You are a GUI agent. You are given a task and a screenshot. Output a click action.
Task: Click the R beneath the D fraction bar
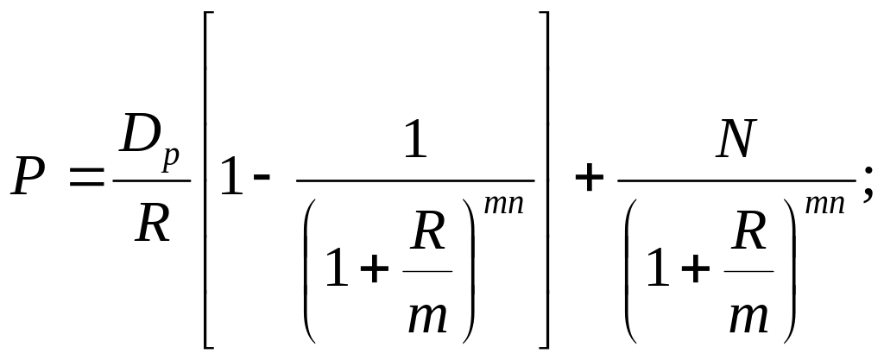pos(153,224)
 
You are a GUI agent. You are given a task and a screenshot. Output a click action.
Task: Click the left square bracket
pos(209,180)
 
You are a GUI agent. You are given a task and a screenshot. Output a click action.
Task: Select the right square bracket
pos(543,180)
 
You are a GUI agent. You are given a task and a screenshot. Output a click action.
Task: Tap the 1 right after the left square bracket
pos(231,178)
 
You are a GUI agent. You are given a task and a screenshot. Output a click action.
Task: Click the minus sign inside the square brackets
pos(262,178)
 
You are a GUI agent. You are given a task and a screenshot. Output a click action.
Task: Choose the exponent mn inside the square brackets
pos(504,204)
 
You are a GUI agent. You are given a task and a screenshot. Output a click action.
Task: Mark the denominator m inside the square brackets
pos(428,318)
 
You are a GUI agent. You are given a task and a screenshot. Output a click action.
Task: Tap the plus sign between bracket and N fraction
pos(589,180)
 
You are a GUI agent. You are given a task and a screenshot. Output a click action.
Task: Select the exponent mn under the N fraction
pos(824,204)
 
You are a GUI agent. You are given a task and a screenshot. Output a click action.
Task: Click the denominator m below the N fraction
pos(748,318)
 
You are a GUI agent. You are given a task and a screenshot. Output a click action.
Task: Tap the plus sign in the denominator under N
pos(695,269)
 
